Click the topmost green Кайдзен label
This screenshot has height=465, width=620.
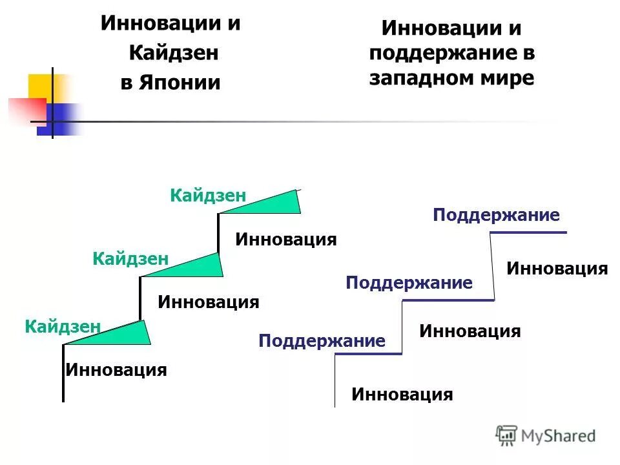pos(208,195)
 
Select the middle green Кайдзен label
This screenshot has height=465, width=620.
pos(130,259)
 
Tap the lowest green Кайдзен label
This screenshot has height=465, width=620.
pos(63,326)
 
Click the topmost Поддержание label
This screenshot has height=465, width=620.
pos(496,215)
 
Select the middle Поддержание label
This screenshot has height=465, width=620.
pos(409,282)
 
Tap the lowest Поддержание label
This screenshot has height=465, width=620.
pos(322,340)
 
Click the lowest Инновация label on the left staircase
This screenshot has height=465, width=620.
pos(116,370)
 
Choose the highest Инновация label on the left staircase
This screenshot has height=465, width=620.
pos(286,240)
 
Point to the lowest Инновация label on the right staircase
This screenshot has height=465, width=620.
pos(402,394)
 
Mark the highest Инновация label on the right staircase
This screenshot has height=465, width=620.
pos(557,268)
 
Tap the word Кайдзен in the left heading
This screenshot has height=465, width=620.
pos(173,53)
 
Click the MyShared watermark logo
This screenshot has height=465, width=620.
pos(546,436)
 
